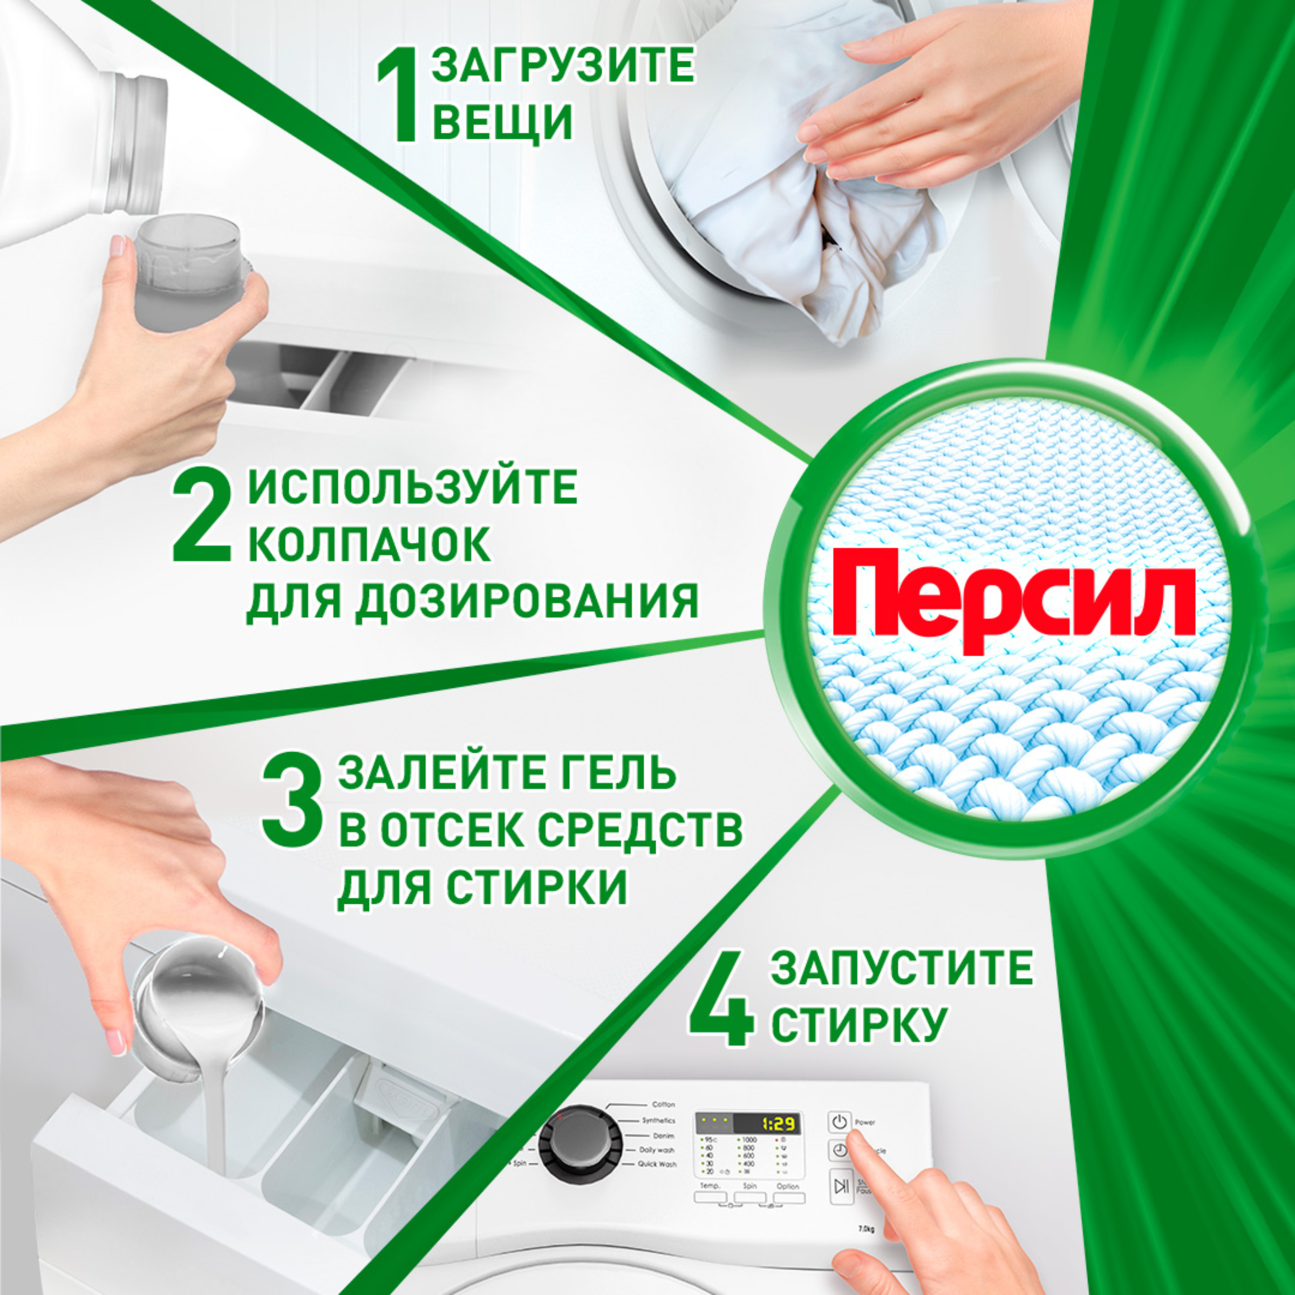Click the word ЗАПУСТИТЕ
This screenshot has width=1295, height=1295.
tap(902, 967)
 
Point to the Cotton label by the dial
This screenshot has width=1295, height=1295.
tap(664, 1104)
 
